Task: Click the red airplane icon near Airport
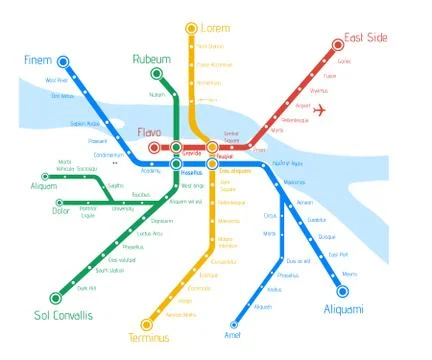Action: pyautogui.click(x=320, y=110)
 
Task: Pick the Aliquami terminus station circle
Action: pyautogui.click(x=342, y=292)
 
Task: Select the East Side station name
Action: pyautogui.click(x=366, y=39)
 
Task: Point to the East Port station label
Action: pyautogui.click(x=338, y=254)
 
